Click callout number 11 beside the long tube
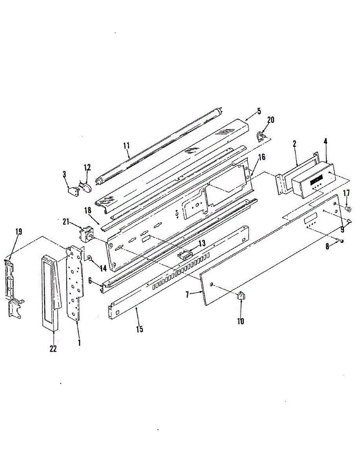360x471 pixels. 126,146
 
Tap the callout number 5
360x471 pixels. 259,111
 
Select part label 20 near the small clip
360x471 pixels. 270,120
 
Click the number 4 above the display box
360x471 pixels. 326,140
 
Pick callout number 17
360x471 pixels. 346,193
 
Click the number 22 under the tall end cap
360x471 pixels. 53,348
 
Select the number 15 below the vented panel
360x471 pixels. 139,329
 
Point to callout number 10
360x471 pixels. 240,321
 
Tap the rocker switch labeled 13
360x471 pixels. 185,255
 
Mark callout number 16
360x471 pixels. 261,157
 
